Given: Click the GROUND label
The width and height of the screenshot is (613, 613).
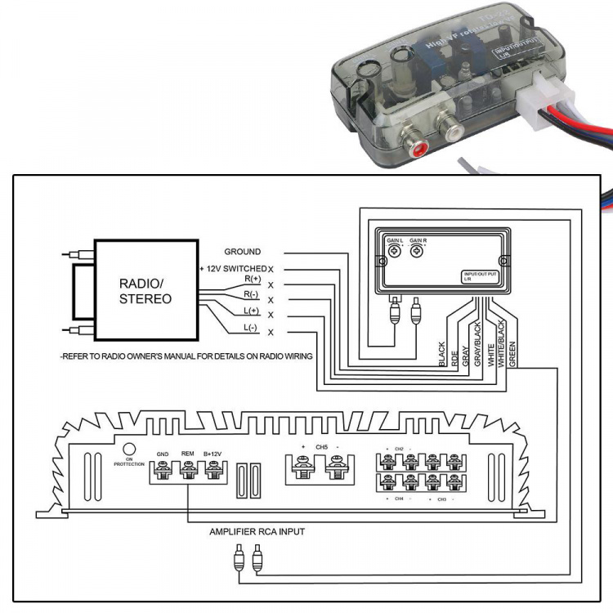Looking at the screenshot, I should pyautogui.click(x=243, y=252).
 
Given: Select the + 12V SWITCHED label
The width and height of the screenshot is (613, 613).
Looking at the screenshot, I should pyautogui.click(x=232, y=269).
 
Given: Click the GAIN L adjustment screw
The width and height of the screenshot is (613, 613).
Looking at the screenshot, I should pyautogui.click(x=394, y=253).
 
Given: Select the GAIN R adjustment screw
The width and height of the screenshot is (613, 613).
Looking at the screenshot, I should pyautogui.click(x=418, y=253).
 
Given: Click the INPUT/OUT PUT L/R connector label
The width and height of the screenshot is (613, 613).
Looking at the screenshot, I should pyautogui.click(x=481, y=276).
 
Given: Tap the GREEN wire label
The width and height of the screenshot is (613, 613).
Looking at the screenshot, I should pyautogui.click(x=512, y=358).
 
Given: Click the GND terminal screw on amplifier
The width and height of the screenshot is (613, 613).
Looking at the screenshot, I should pyautogui.click(x=163, y=470).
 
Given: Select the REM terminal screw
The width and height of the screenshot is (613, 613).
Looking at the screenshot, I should pyautogui.click(x=188, y=470).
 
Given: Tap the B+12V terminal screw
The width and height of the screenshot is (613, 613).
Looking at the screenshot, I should pyautogui.click(x=213, y=470).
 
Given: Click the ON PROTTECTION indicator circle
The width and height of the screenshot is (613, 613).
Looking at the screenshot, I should pyautogui.click(x=128, y=449).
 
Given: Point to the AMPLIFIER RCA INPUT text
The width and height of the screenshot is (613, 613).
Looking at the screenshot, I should pyautogui.click(x=257, y=532).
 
